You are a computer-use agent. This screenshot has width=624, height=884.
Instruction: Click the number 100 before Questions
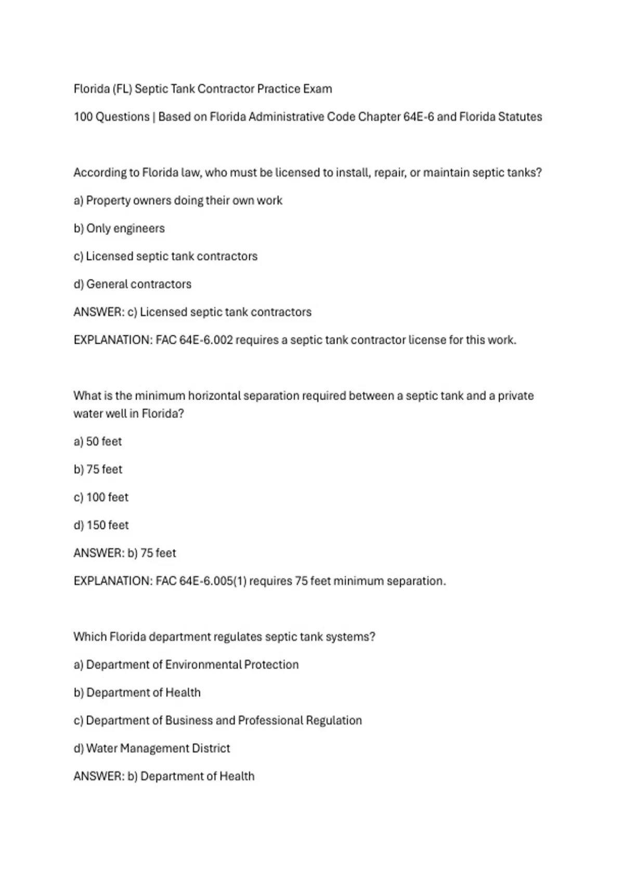tap(83, 117)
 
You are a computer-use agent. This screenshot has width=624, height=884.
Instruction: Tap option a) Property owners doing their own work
tap(178, 201)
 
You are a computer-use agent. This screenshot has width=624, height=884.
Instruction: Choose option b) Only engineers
tap(119, 228)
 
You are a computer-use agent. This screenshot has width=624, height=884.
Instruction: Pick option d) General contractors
tap(132, 284)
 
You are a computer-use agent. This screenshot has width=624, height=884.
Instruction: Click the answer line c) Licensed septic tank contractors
tap(192, 312)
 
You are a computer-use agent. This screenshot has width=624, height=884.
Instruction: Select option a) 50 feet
tap(98, 441)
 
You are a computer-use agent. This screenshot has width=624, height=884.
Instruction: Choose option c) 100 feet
tap(101, 498)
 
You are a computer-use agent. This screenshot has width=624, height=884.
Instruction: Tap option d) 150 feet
tap(101, 525)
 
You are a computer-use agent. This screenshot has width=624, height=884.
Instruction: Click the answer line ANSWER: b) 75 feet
tap(125, 553)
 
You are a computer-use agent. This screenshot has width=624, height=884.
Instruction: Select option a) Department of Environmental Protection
tap(186, 665)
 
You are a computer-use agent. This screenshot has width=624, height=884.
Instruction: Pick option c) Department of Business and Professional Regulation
tap(217, 721)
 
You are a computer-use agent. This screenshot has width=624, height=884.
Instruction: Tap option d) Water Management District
tap(151, 748)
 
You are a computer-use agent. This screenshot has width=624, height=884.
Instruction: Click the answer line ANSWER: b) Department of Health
tap(164, 776)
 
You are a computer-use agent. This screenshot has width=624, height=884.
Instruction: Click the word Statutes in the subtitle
tap(519, 117)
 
